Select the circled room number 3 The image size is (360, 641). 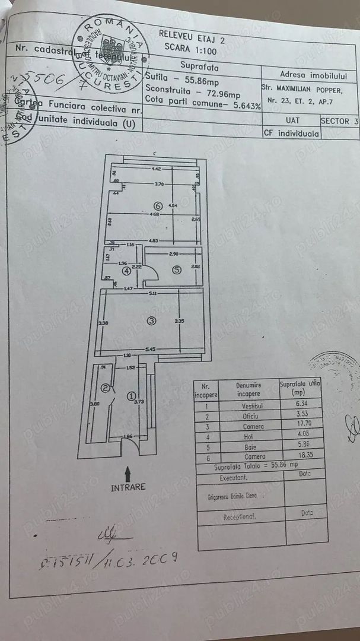click(151, 320)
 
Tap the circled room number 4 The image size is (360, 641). click(126, 271)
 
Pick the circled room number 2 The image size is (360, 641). click(106, 389)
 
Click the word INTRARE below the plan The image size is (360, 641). click(127, 488)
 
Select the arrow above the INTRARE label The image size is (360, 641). click(127, 473)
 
